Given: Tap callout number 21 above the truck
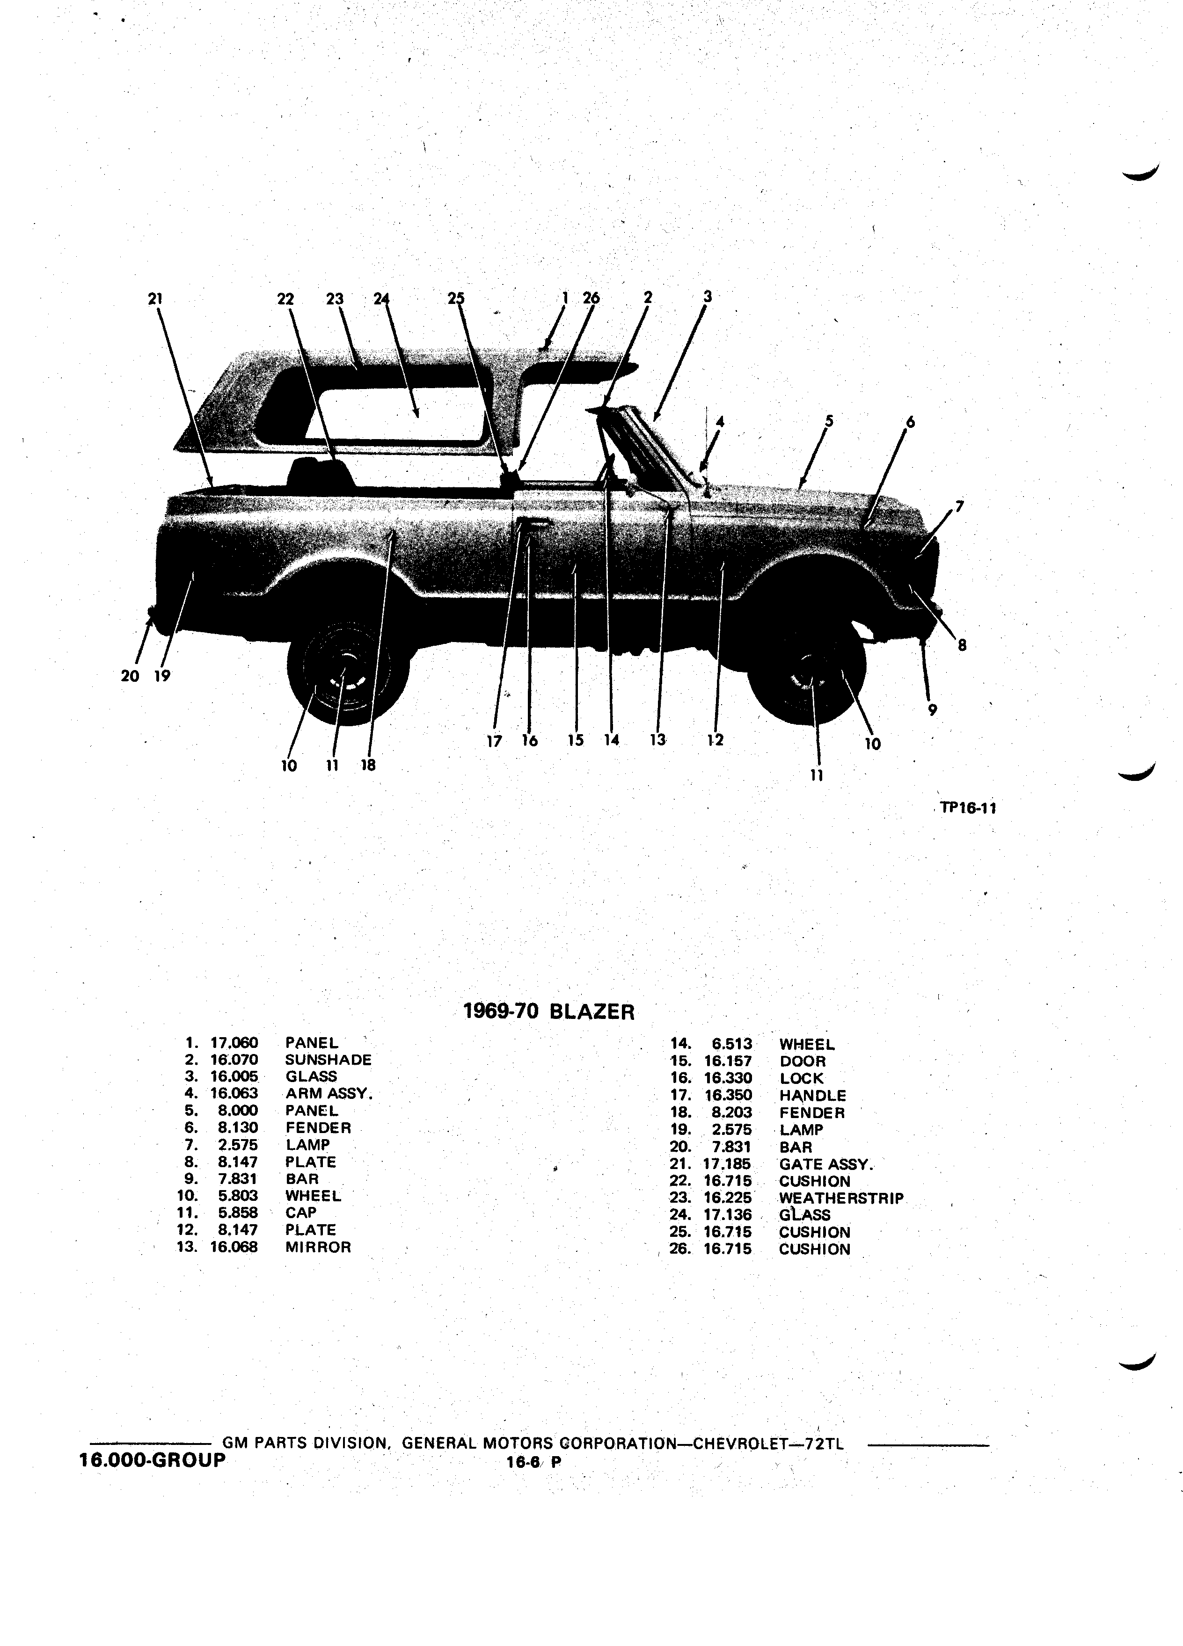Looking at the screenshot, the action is (x=155, y=298).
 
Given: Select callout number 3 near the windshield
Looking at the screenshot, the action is (x=708, y=296).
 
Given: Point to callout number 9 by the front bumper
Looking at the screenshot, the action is (x=933, y=710).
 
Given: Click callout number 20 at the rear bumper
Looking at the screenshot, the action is (x=129, y=676).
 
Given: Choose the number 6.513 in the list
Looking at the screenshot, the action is (x=732, y=1044).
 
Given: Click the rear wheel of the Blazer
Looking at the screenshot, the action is (x=347, y=671).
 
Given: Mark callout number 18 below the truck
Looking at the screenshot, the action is (x=368, y=764).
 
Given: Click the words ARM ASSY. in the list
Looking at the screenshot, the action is (x=329, y=1094).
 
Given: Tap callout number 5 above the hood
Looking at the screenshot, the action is (x=829, y=421).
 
